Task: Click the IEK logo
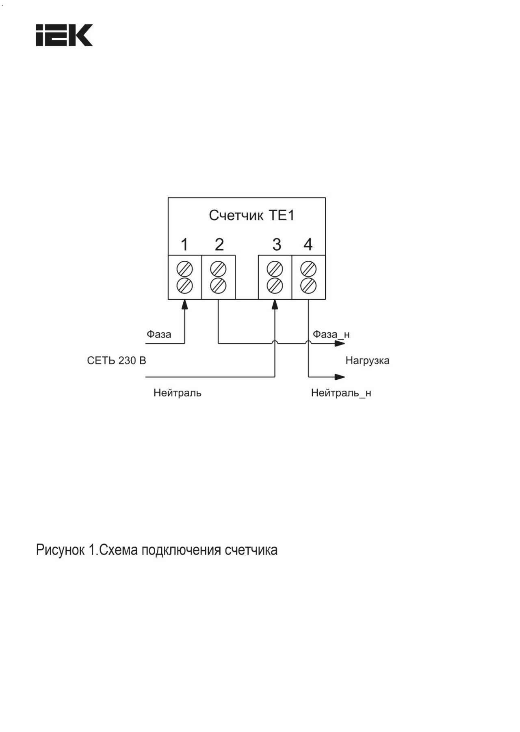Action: pos(64,35)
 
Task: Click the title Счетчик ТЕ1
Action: pos(251,215)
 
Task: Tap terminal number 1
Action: pos(184,245)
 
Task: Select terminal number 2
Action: pos(219,245)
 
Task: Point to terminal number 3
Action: pos(277,245)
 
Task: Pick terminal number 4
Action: pos(308,245)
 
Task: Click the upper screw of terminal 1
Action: pos(185,269)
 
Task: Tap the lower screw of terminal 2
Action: pos(218,286)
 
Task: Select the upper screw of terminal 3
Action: pos(275,269)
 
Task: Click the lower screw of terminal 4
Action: pos(308,286)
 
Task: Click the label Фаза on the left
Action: pos(159,334)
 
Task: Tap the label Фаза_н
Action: pos(331,334)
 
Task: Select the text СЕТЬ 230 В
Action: pos(117,360)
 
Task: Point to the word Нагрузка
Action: pos(368,361)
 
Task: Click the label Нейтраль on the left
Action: pos(178,393)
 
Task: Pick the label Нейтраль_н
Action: pos(341,393)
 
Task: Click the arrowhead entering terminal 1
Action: pos(185,304)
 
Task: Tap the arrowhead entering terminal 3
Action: pos(275,304)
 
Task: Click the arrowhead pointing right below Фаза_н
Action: pos(340,344)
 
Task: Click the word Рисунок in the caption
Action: pos(61,550)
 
